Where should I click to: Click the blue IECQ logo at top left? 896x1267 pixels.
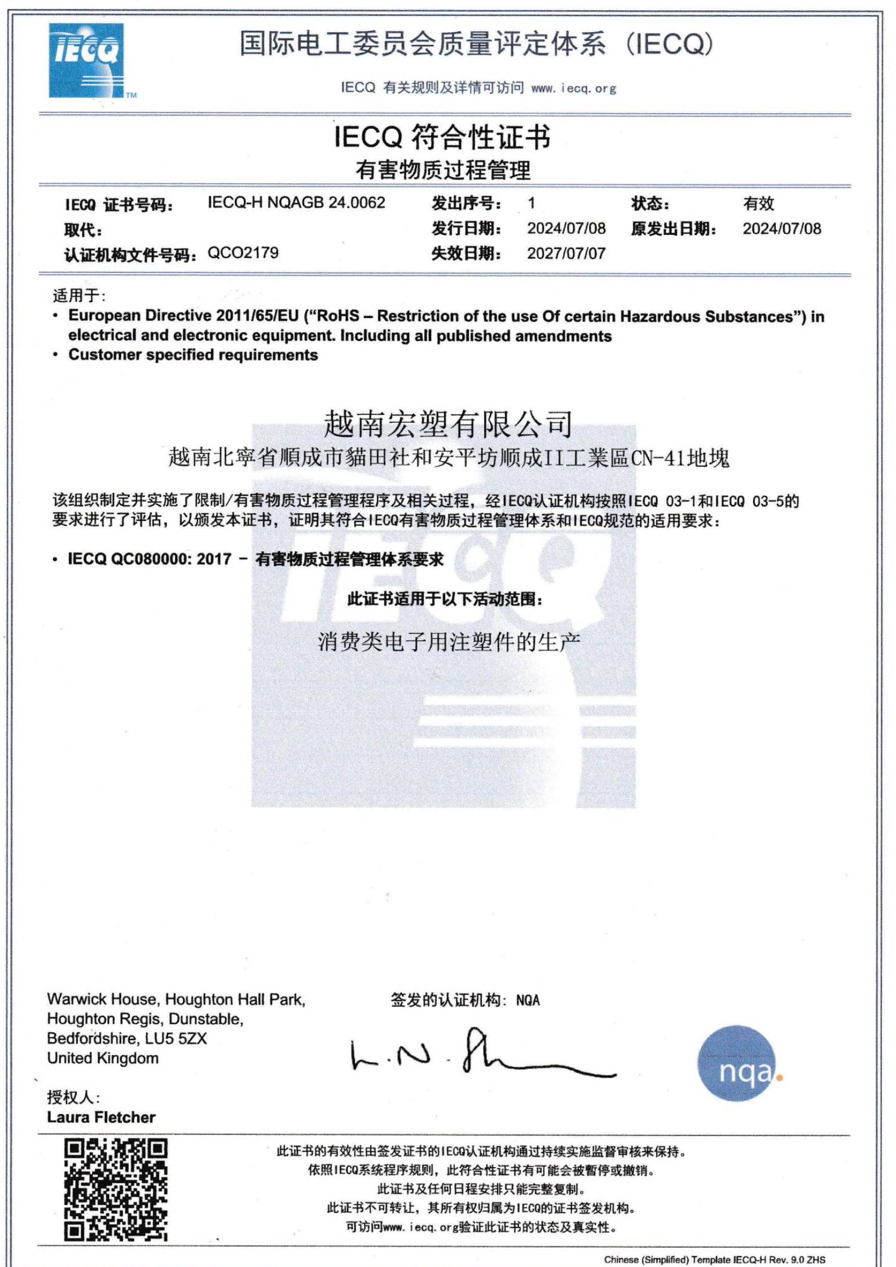[x=86, y=60]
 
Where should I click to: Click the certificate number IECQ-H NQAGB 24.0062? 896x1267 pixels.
[x=296, y=203]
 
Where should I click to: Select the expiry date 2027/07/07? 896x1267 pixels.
[x=566, y=253]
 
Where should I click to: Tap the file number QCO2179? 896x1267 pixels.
[x=243, y=253]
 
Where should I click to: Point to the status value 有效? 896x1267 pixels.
[x=758, y=203]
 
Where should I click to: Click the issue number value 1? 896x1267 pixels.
[x=531, y=203]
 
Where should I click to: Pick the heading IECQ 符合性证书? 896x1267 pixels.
[x=442, y=137]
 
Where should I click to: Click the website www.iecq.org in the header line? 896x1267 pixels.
[x=573, y=88]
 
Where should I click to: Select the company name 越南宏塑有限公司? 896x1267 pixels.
[x=448, y=424]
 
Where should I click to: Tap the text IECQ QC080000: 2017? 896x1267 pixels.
[x=150, y=559]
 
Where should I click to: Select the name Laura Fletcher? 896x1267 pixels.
[x=101, y=1117]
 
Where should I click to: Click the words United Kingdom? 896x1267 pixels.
[x=103, y=1058]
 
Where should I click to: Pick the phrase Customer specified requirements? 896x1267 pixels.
[x=193, y=355]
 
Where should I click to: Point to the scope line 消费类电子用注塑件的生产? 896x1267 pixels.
[x=449, y=642]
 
